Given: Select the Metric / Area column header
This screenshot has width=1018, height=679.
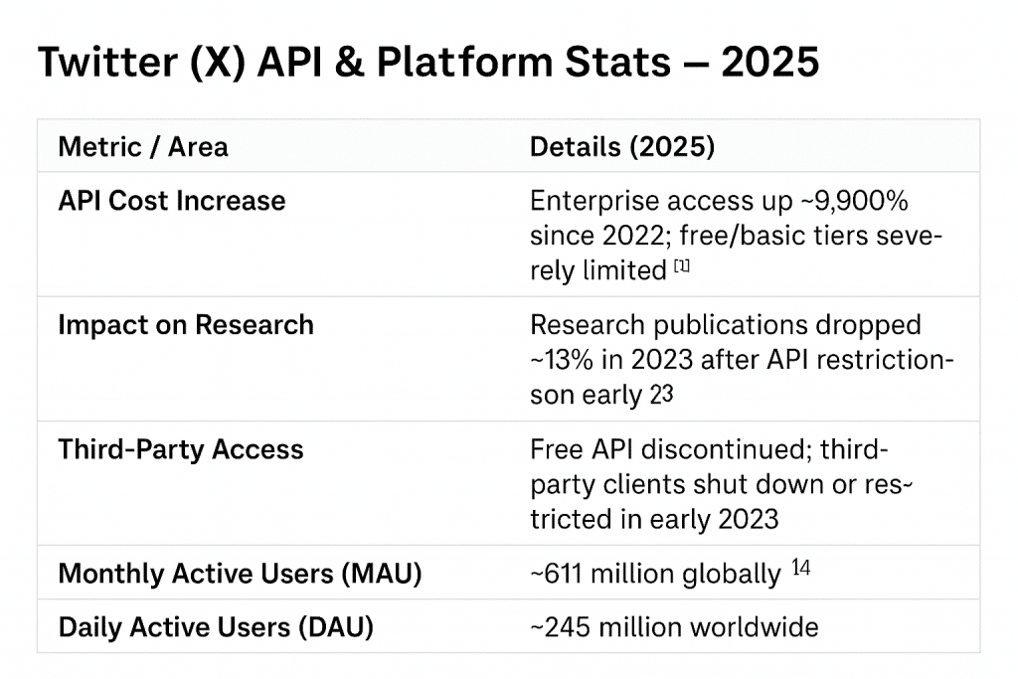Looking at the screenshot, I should [143, 147].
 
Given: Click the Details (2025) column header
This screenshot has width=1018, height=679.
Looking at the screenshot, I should [621, 147].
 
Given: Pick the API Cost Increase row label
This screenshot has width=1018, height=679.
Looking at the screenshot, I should [171, 201].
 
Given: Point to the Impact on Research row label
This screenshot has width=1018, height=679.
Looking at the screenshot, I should [185, 325].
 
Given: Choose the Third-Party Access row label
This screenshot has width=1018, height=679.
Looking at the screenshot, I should [180, 449].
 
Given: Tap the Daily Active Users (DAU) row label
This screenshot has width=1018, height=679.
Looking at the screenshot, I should [216, 627].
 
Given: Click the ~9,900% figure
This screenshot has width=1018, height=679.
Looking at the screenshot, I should [857, 201].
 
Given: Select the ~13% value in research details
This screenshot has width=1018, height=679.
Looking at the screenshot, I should [564, 360].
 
